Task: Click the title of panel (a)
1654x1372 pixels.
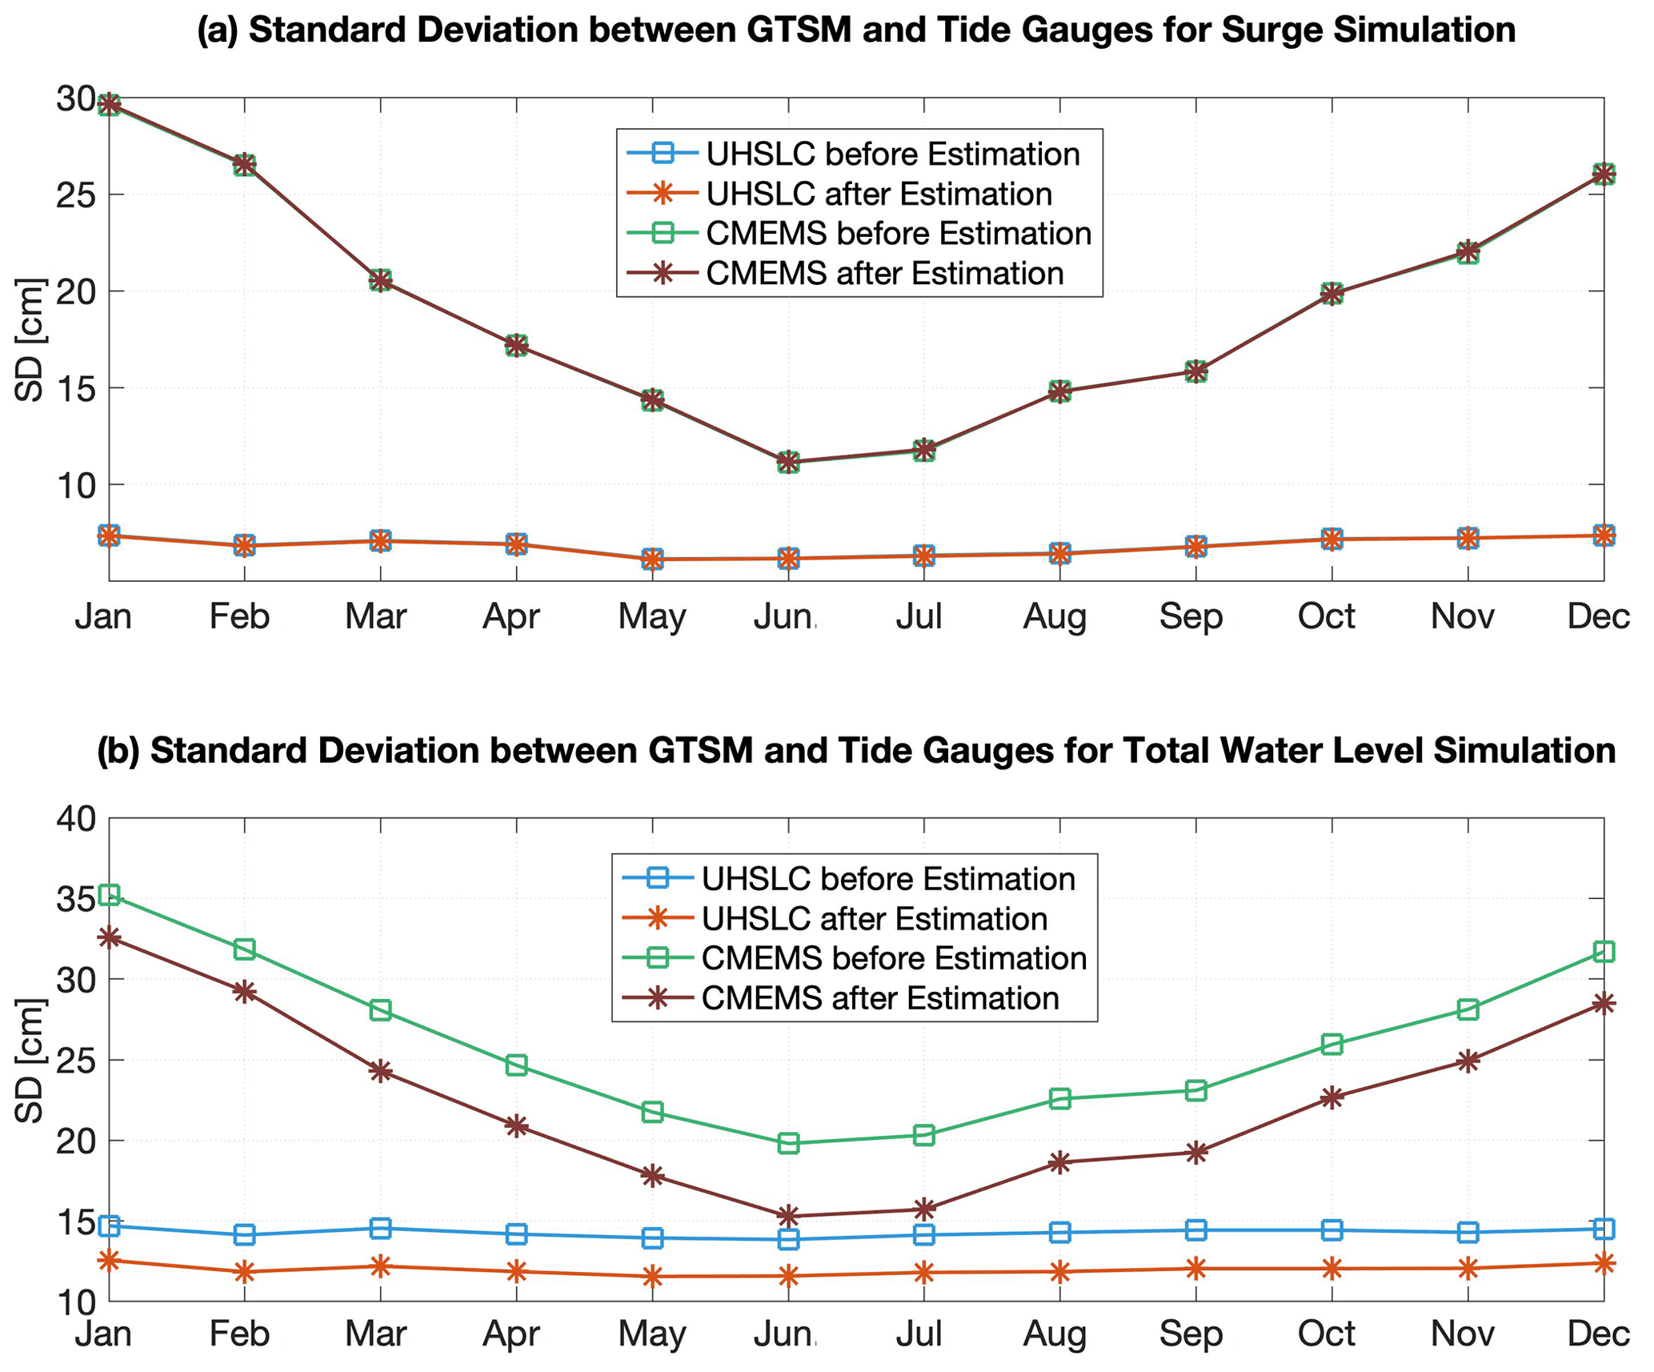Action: [856, 30]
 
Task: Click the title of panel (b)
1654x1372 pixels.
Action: [856, 751]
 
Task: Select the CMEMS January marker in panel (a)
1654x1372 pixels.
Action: [109, 104]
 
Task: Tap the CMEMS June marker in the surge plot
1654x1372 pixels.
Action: [788, 462]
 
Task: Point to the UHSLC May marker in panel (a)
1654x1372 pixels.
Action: [652, 559]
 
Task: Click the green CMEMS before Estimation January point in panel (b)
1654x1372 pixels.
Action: [109, 894]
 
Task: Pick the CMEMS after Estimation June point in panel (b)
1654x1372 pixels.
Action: [788, 1216]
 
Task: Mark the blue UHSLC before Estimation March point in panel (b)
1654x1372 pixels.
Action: [381, 1228]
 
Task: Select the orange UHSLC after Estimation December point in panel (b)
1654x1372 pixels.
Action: [1604, 1263]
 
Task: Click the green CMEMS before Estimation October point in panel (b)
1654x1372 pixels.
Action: [1332, 1044]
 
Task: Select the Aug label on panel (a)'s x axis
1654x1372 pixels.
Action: [1055, 616]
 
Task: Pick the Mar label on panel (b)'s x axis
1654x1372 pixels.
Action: [376, 1334]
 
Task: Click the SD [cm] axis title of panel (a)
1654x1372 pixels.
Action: [30, 339]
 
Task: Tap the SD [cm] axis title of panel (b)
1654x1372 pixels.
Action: [30, 1060]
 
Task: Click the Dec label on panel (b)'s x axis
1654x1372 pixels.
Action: [1598, 1334]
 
